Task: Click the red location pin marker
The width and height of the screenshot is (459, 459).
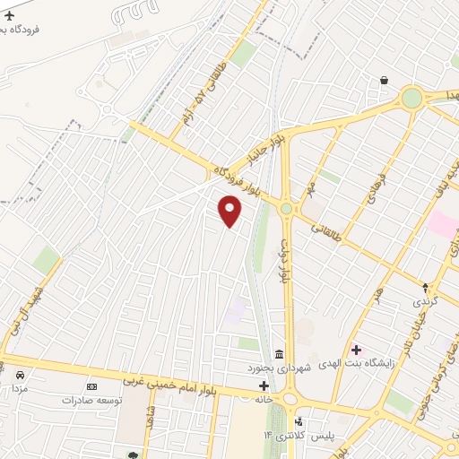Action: point(230,211)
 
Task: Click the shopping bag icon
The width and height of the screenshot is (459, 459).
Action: point(384,81)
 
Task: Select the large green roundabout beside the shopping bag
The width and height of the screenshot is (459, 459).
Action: point(411,99)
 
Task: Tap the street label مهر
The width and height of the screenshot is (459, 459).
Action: point(311,189)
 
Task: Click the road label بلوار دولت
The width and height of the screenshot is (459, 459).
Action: point(284,261)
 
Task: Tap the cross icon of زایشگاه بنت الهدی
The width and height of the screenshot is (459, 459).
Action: point(356,350)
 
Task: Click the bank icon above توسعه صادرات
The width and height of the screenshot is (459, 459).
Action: point(91,385)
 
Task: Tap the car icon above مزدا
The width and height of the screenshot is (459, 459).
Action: point(19,375)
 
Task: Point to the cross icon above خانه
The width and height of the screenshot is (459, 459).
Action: point(264,385)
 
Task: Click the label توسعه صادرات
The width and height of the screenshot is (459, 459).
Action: point(91,400)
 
